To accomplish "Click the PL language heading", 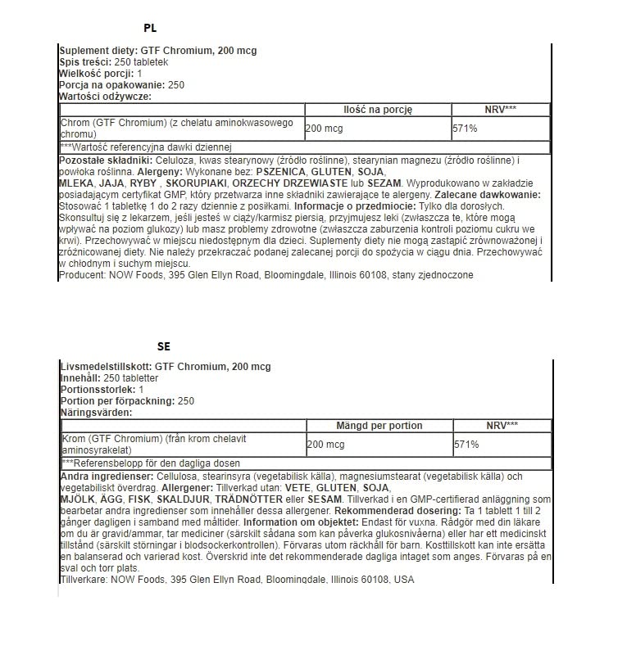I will (x=150, y=28).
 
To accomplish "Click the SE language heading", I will (x=163, y=346).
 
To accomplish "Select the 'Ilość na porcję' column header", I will (x=377, y=109).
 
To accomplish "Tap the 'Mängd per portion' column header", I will (x=379, y=426).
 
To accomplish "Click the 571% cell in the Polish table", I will (x=465, y=129).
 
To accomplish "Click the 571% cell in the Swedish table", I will (x=466, y=445).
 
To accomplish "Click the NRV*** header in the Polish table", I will (x=500, y=109).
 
